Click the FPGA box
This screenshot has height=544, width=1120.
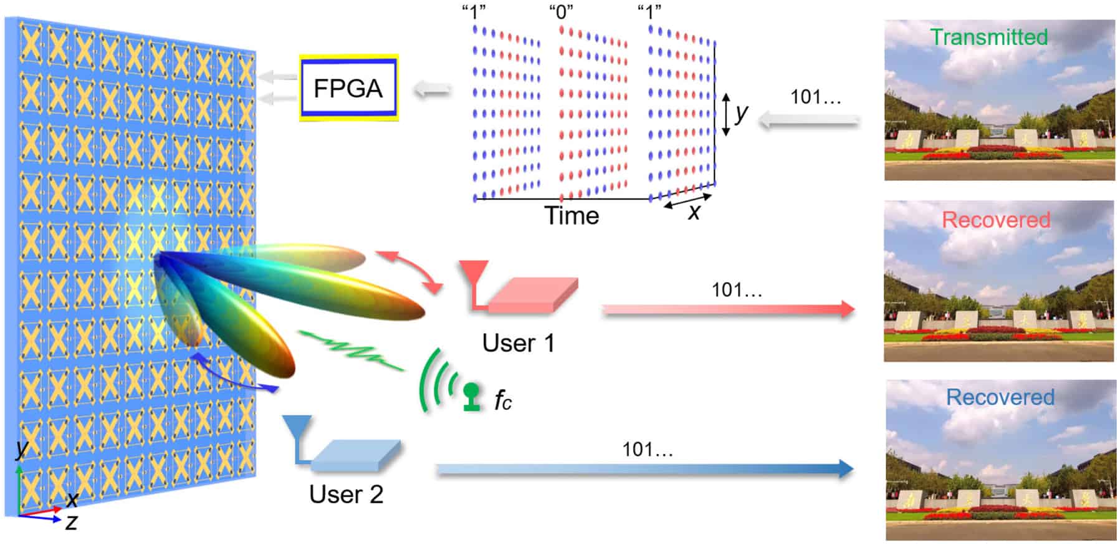point(348,88)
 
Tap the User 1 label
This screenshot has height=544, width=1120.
point(518,343)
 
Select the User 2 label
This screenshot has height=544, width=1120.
point(346,494)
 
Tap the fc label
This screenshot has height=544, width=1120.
point(502,400)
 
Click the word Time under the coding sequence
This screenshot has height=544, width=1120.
point(572,216)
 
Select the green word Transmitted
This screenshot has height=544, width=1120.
point(988,37)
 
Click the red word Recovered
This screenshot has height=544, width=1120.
point(995,220)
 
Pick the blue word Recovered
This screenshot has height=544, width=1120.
point(1000,397)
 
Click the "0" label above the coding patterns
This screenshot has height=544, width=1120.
point(561,12)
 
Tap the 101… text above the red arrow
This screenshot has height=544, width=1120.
point(737,290)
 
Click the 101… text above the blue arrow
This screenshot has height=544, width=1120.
point(648,449)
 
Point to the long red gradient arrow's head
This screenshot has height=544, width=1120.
point(847,309)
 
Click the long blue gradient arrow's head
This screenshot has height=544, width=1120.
point(845,469)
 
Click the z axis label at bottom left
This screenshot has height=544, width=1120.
point(71,522)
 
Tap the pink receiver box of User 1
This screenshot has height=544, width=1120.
point(533,296)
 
